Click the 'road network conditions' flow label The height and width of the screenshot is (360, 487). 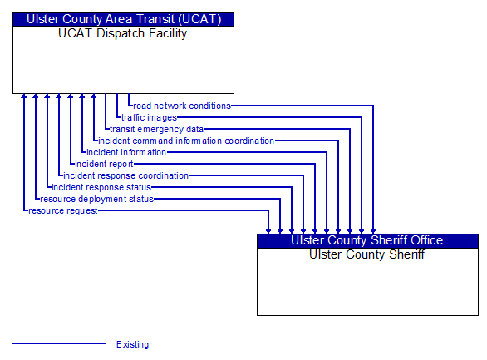coord(182,106)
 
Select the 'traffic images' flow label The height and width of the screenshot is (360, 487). coord(149,118)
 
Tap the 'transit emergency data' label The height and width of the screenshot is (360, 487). coord(156,129)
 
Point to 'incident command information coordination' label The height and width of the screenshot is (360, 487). coord(186,141)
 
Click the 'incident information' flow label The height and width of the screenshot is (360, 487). coord(126,152)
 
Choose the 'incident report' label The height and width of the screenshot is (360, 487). coord(104,164)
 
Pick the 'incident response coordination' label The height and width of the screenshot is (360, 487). coord(125,175)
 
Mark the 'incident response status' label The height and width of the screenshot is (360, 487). coord(101,187)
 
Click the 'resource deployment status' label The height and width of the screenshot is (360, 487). coord(96,199)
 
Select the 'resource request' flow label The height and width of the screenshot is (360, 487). coord(62,210)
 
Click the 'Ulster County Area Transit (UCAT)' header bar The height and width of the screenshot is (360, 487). coord(123,20)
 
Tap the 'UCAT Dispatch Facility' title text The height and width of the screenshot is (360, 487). coord(123,33)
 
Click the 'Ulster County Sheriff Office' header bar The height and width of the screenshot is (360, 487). coord(367,241)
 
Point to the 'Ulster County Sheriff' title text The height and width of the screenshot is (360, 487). coord(366,254)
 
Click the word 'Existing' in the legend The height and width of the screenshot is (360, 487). coord(133,344)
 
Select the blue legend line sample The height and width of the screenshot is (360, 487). coord(59,343)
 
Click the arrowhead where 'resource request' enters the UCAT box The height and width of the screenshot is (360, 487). coord(23,96)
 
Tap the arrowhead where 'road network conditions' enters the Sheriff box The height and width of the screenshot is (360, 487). coord(373,231)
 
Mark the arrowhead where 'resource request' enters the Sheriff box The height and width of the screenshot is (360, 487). coord(268,231)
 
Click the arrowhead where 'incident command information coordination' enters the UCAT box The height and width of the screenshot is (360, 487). coord(93,96)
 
